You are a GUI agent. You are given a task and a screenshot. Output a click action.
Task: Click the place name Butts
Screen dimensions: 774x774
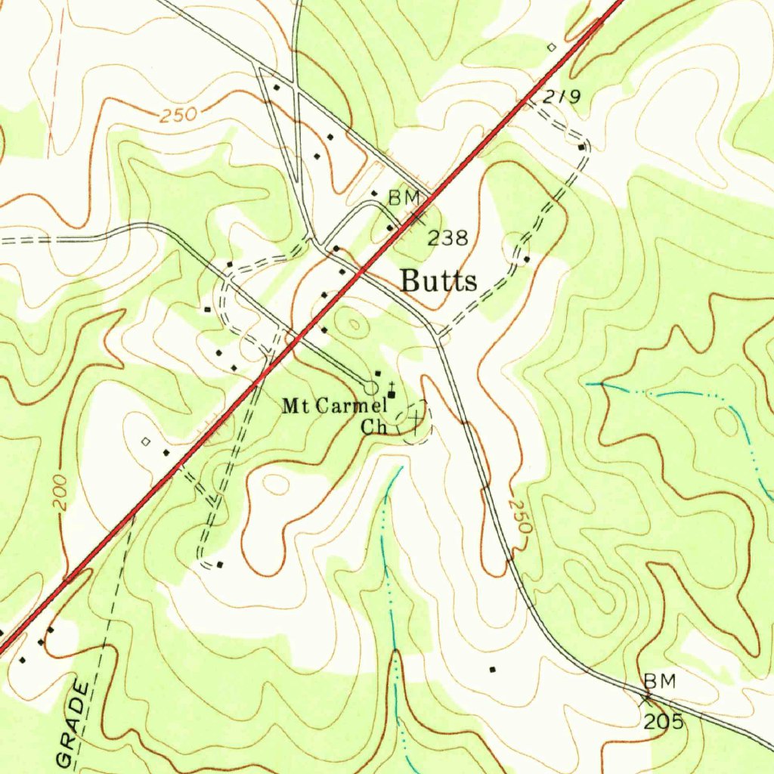pos(438,281)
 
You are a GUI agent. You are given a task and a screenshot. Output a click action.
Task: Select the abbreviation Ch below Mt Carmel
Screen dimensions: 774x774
pos(373,427)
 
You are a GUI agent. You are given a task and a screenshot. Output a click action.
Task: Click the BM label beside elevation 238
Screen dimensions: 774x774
pos(403,198)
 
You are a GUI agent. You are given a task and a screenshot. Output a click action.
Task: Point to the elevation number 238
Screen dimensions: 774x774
pos(447,239)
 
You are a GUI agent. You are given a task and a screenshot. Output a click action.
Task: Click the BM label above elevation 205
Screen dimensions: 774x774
pos(660,681)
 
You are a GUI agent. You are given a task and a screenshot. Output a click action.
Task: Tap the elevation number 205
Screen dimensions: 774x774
pos(664,722)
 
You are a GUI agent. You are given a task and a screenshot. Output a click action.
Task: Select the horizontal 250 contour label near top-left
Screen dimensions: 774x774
pos(178,116)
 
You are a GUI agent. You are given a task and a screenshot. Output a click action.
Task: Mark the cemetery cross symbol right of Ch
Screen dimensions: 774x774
pos(415,416)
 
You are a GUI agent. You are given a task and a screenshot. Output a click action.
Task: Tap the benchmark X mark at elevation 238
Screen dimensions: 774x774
pos(416,218)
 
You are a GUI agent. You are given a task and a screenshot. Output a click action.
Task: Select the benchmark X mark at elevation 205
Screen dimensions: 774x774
pos(646,699)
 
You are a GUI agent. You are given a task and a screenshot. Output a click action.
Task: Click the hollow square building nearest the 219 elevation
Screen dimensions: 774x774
pos(551,47)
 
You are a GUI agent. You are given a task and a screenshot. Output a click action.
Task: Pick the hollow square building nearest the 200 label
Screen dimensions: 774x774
pos(146,441)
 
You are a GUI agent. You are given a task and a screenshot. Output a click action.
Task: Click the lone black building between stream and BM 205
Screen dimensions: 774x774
pos(493,669)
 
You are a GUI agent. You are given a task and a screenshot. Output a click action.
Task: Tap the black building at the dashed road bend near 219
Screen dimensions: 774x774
pos(580,147)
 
